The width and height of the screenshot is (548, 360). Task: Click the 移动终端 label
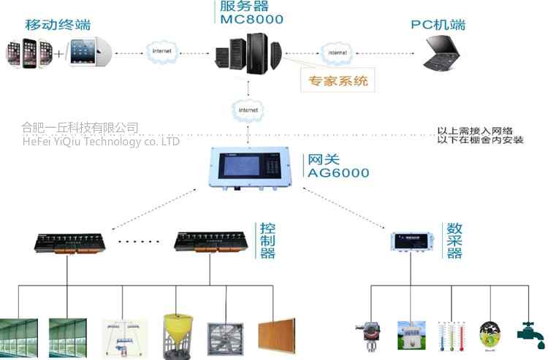point(58,25)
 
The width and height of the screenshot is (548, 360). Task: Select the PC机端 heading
point(438,26)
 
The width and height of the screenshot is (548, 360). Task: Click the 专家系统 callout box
point(336,80)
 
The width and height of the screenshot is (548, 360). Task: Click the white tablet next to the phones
point(88,53)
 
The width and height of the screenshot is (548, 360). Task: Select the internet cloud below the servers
point(247,109)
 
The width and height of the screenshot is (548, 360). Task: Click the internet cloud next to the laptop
point(336,53)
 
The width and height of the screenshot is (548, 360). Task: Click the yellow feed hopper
point(178,333)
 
